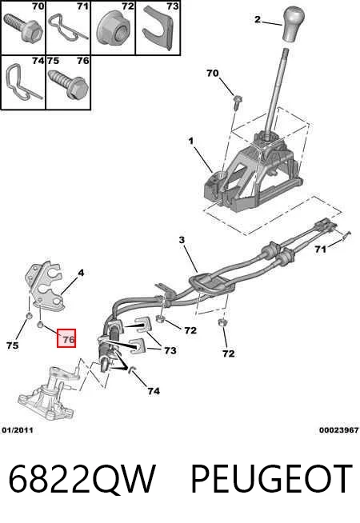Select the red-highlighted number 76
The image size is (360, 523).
[66, 338]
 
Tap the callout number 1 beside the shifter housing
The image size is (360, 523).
[191, 142]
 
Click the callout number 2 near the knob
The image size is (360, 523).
[257, 19]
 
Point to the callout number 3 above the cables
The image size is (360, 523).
[182, 240]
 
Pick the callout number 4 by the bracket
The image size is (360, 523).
[81, 273]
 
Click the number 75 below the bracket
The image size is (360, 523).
[12, 345]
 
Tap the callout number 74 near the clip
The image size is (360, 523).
[154, 391]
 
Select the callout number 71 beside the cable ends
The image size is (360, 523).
[320, 250]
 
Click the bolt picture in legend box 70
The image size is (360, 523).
[22, 28]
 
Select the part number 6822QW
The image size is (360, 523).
[82, 479]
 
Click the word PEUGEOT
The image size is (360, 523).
[271, 479]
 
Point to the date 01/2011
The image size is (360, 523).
[18, 430]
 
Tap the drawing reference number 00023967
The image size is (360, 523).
[338, 430]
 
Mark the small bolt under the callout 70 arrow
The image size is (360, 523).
[238, 103]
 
